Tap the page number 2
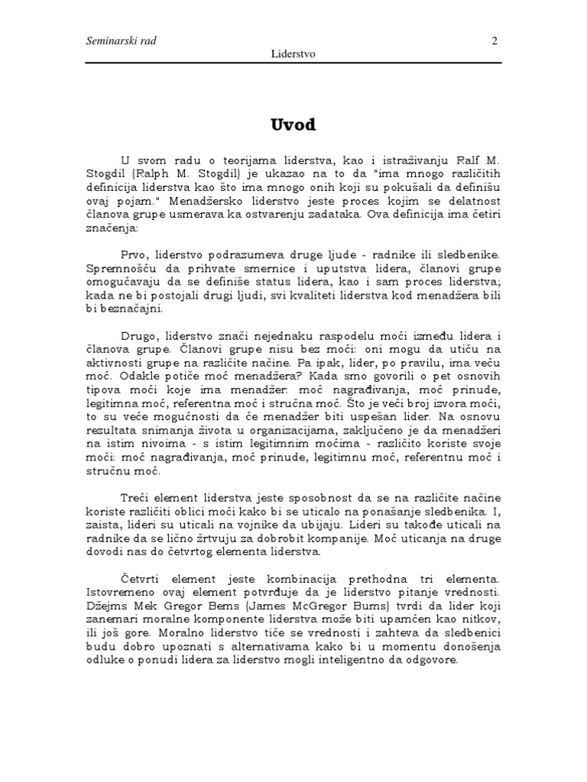pyautogui.click(x=494, y=40)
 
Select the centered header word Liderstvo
pyautogui.click(x=294, y=55)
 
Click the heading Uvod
pyautogui.click(x=293, y=124)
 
